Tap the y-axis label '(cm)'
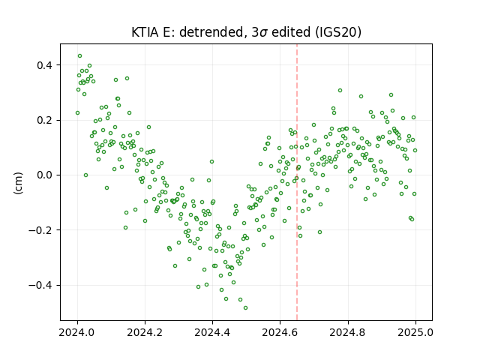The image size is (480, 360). click(x=18, y=183)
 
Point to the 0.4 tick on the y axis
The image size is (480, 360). click(x=44, y=65)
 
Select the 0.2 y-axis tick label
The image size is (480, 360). click(x=44, y=120)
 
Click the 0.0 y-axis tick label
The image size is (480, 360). click(x=44, y=175)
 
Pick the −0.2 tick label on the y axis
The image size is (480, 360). click(x=40, y=230)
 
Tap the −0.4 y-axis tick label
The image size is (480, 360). click(x=40, y=285)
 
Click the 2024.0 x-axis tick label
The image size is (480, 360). click(x=77, y=332)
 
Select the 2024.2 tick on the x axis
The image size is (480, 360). click(x=145, y=332)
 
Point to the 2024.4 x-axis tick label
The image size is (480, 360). click(x=212, y=332)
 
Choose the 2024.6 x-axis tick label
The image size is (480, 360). click(x=280, y=332)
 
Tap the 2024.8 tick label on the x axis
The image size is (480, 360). click(x=348, y=332)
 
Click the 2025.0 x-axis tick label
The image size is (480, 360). click(x=415, y=332)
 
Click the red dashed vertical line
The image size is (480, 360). click(x=297, y=182)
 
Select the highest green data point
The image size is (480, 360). click(x=80, y=56)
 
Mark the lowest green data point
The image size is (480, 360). click(x=245, y=308)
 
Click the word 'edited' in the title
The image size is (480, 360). click(x=291, y=32)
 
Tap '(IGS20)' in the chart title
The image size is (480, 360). click(x=337, y=32)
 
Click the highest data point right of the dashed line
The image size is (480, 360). click(x=340, y=91)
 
